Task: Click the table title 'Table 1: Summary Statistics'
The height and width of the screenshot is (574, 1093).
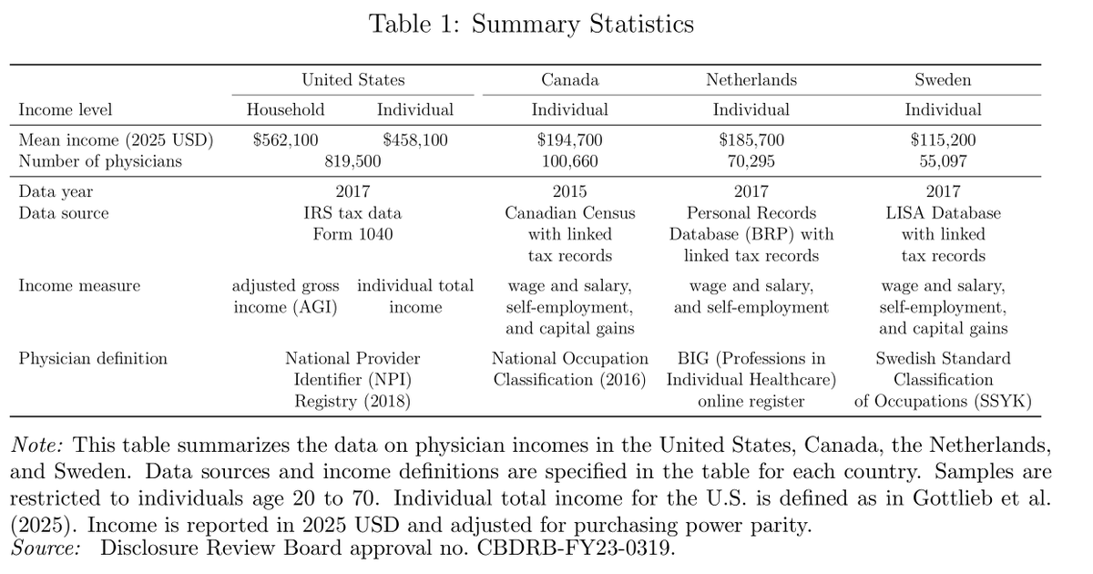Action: click(x=531, y=24)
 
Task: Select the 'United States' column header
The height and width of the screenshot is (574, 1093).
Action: click(x=353, y=80)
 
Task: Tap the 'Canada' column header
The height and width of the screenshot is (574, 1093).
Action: click(x=570, y=80)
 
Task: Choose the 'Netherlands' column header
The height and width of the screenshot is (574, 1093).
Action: click(x=751, y=80)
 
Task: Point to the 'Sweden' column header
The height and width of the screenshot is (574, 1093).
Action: click(x=943, y=80)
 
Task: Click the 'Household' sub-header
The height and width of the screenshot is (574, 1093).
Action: click(x=285, y=110)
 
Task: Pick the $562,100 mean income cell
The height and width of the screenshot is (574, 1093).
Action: click(x=285, y=140)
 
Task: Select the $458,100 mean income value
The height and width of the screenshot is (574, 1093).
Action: click(x=415, y=140)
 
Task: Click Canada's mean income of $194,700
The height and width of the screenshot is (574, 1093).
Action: click(x=570, y=140)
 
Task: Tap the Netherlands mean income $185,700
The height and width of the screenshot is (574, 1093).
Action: click(x=751, y=140)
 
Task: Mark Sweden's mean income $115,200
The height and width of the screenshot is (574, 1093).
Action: click(x=943, y=140)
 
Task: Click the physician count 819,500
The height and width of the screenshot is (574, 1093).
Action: click(x=352, y=162)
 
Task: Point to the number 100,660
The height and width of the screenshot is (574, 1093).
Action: click(x=570, y=162)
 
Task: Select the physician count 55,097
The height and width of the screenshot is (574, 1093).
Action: click(x=943, y=162)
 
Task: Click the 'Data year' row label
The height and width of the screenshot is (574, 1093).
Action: click(x=56, y=191)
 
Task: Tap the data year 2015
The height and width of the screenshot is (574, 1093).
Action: click(x=570, y=191)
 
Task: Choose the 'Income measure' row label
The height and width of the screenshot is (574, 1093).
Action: click(x=79, y=286)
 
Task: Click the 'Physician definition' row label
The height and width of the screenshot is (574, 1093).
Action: click(x=93, y=359)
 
